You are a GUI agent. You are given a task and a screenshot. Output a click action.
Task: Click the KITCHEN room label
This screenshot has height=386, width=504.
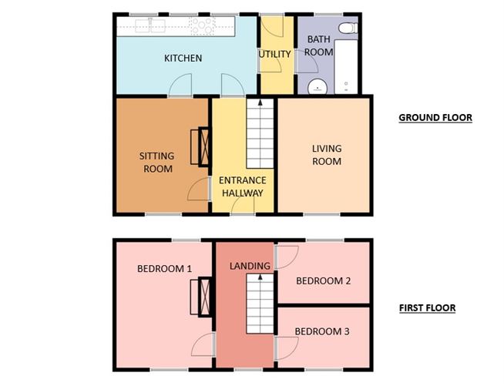(x=183, y=59)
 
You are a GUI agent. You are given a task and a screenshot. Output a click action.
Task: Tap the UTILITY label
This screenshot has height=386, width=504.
(x=274, y=54)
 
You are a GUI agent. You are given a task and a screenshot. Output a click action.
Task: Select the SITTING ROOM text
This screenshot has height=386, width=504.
(x=156, y=162)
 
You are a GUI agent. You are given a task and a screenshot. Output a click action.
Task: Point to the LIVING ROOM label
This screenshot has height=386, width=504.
(x=326, y=155)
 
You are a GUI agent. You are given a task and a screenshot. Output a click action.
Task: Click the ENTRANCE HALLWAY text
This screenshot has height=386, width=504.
(x=242, y=186)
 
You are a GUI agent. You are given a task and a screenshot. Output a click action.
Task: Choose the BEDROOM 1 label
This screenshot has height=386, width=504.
(x=164, y=269)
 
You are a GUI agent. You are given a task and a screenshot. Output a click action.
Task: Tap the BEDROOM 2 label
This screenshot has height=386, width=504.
(x=324, y=280)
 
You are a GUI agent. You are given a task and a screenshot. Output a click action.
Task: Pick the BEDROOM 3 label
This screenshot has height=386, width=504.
(x=322, y=331)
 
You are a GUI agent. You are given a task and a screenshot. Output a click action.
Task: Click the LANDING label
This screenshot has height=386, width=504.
(x=250, y=266)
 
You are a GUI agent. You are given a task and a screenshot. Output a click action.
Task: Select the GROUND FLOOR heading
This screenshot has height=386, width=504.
(x=435, y=118)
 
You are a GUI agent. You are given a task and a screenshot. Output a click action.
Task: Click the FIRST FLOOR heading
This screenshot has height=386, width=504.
(x=427, y=308)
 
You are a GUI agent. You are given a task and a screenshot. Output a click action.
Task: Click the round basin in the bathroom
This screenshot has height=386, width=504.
(x=316, y=87)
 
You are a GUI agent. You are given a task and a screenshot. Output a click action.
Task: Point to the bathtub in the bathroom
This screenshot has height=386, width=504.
(x=347, y=66)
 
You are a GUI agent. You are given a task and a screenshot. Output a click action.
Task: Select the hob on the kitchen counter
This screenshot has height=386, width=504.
(x=203, y=26)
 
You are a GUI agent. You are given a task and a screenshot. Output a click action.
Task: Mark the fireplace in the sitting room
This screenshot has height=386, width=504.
(x=204, y=146)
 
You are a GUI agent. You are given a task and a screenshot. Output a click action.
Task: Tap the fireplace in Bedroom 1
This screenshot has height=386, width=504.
(x=204, y=297)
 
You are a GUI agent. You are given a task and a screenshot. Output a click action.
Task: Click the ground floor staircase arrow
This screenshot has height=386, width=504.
(x=260, y=102)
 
